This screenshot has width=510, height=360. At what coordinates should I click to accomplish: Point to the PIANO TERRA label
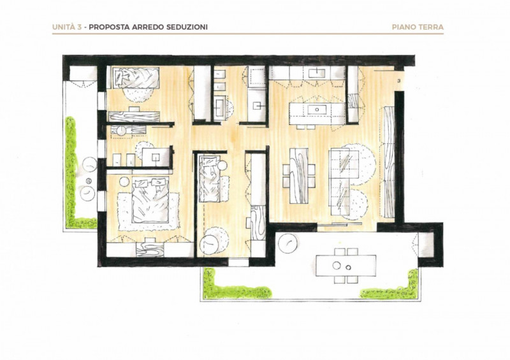[x=418, y=27]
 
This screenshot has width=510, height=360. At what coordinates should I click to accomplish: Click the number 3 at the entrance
[x=399, y=80]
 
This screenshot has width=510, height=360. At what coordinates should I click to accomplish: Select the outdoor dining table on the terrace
[x=346, y=266]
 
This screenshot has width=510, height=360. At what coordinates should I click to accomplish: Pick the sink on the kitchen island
[x=316, y=109]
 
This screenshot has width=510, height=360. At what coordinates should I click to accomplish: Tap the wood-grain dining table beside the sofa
[x=299, y=176]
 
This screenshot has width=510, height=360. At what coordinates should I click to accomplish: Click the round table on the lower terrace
[x=288, y=243]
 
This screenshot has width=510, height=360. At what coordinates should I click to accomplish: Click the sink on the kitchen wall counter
[x=316, y=73]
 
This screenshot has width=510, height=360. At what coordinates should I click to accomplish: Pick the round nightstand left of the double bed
[x=124, y=182]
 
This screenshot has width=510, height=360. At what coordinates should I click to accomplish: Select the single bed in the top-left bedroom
[x=135, y=78]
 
